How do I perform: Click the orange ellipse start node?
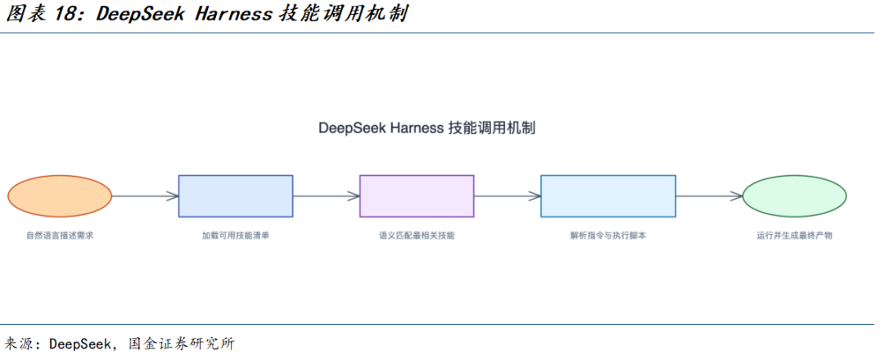pos(60,196)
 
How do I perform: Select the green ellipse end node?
pos(794,196)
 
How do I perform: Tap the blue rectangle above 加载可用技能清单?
pos(236,196)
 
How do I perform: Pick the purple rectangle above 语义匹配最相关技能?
pos(417,196)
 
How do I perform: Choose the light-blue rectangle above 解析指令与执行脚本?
pos(608,196)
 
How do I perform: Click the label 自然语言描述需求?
pos(60,236)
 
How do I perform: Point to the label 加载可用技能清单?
pos(236,236)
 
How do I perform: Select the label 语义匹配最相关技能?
pos(417,236)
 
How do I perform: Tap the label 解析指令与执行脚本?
pos(608,236)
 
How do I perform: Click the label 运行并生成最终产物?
pos(794,236)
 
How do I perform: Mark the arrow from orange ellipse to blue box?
pos(146,196)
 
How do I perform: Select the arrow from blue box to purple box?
pos(327,196)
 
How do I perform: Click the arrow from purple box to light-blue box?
pos(507,196)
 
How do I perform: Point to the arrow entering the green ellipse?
pos(709,196)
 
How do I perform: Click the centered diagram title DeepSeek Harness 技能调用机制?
pos(426,128)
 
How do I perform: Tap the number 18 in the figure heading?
pos(68,14)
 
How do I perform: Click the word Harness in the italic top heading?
pos(233,14)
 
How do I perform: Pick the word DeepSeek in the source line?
pos(79,343)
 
